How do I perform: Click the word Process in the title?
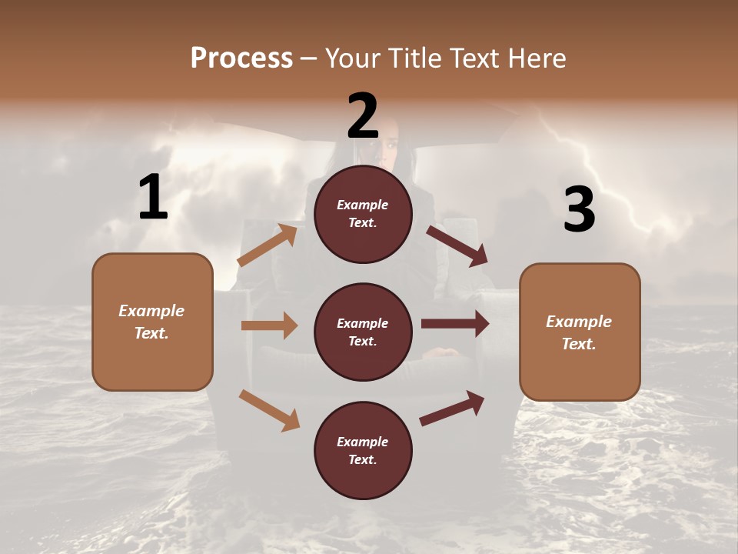(x=241, y=58)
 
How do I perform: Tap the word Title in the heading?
(x=414, y=58)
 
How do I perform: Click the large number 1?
(x=153, y=198)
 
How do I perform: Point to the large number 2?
(x=363, y=116)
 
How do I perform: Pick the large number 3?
(x=579, y=210)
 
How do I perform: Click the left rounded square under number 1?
(x=152, y=322)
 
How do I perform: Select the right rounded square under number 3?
(x=580, y=332)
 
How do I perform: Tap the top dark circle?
(x=363, y=214)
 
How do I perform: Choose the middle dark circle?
(x=363, y=332)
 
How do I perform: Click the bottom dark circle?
(x=363, y=450)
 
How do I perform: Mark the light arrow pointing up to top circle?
(x=268, y=245)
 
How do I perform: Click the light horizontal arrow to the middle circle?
(x=269, y=325)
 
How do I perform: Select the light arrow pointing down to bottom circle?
(x=269, y=409)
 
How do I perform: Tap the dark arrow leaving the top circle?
(x=457, y=246)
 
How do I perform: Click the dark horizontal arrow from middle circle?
(x=455, y=324)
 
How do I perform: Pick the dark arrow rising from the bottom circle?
(x=452, y=409)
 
